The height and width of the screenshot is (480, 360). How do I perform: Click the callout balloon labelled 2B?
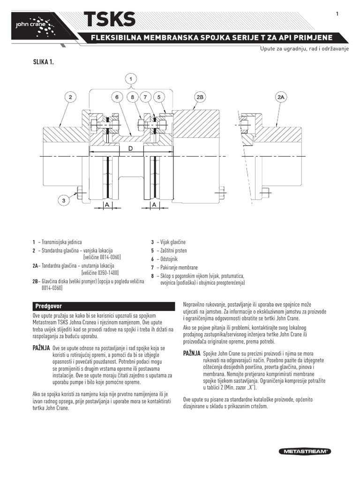(199, 97)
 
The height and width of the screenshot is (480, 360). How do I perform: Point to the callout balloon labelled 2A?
(282, 97)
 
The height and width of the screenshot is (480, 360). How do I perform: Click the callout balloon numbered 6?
(116, 97)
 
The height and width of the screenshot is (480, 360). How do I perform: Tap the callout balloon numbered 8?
(133, 97)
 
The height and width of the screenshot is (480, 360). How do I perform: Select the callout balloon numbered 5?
(159, 97)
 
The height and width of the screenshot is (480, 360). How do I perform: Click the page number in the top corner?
(337, 14)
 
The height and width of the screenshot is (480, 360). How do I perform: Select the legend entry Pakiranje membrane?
(176, 267)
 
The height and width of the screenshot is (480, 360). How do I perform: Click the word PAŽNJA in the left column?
(41, 349)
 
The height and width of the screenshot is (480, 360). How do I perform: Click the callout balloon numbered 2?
(70, 97)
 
